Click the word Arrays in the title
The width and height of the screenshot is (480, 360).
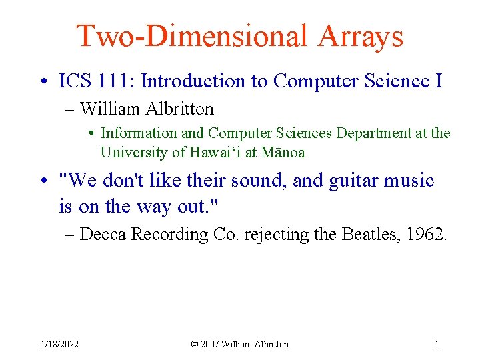coord(361,37)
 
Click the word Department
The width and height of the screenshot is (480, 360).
coord(374,133)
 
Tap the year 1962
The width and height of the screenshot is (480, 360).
coord(427,235)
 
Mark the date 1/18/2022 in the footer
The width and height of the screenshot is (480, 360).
coord(59,344)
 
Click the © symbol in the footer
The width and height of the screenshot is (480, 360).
coord(195,344)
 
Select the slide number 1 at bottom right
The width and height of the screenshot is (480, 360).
coord(437,344)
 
